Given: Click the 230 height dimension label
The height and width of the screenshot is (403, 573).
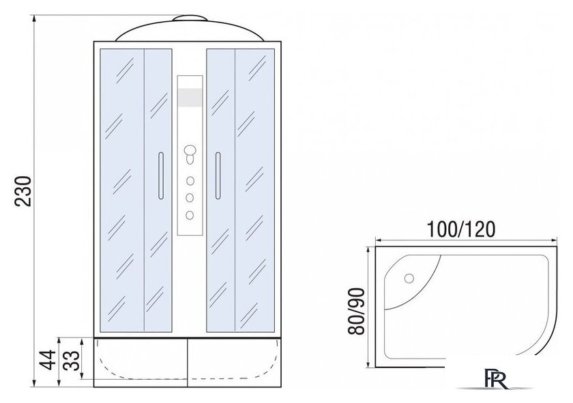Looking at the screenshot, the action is pos(23,191).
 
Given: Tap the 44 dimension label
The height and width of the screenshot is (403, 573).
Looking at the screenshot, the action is pos(48,360).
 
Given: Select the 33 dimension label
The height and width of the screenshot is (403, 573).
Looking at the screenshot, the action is pos(71,360).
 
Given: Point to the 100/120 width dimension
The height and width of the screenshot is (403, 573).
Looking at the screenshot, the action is pos(461,230).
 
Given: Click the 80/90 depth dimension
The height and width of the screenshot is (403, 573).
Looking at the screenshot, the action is pos(356,311).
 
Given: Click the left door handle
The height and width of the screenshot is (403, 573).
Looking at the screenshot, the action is pos(161,176).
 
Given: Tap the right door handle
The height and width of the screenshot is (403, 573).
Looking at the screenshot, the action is pos(218,176).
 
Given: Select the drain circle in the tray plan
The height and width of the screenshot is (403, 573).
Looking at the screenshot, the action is pos(409,279).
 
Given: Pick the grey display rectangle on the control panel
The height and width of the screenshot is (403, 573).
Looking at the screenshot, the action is pos(190,98).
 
